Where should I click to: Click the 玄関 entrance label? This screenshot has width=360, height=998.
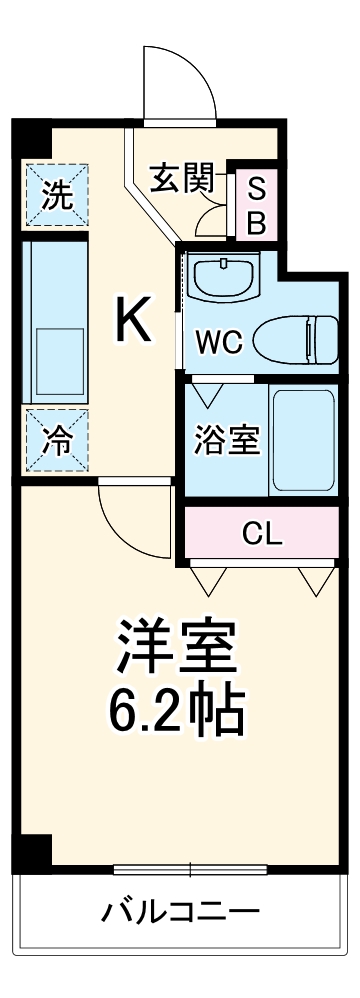pos(183,179)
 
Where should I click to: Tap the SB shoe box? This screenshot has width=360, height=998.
pos(255,205)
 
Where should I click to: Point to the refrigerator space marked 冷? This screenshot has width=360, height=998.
pos(55,441)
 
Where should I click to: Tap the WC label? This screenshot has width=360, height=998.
pos(217,341)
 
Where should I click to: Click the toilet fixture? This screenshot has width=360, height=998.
pos(296,340)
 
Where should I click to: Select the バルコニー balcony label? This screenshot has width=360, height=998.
pos(180,911)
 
